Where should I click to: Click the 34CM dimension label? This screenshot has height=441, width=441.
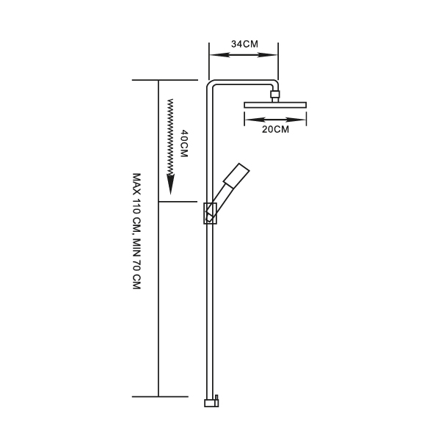tap(244, 44)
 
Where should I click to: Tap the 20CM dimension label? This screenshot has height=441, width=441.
tap(275, 129)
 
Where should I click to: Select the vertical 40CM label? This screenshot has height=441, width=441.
tap(184, 143)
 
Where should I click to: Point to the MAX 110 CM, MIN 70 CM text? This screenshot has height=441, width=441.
tap(136, 231)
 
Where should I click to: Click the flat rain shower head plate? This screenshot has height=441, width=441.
tap(275, 105)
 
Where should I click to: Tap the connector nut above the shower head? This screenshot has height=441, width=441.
tap(275, 94)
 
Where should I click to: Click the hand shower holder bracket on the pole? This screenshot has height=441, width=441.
tap(211, 214)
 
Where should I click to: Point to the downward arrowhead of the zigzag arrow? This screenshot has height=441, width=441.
tap(170, 184)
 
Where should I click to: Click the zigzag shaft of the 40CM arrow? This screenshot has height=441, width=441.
tap(170, 136)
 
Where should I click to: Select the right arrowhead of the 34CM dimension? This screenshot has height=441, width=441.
tap(267, 55)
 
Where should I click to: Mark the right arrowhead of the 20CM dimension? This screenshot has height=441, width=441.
tap(296, 120)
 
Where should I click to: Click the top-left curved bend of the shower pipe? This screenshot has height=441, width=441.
tap(210, 84)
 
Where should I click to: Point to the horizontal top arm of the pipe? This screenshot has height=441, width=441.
tap(242, 82)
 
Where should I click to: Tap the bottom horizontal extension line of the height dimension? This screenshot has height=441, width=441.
tap(160, 396)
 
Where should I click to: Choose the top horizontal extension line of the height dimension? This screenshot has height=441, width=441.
tap(165, 80)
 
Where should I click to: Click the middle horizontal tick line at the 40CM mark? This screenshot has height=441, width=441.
tap(178, 202)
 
